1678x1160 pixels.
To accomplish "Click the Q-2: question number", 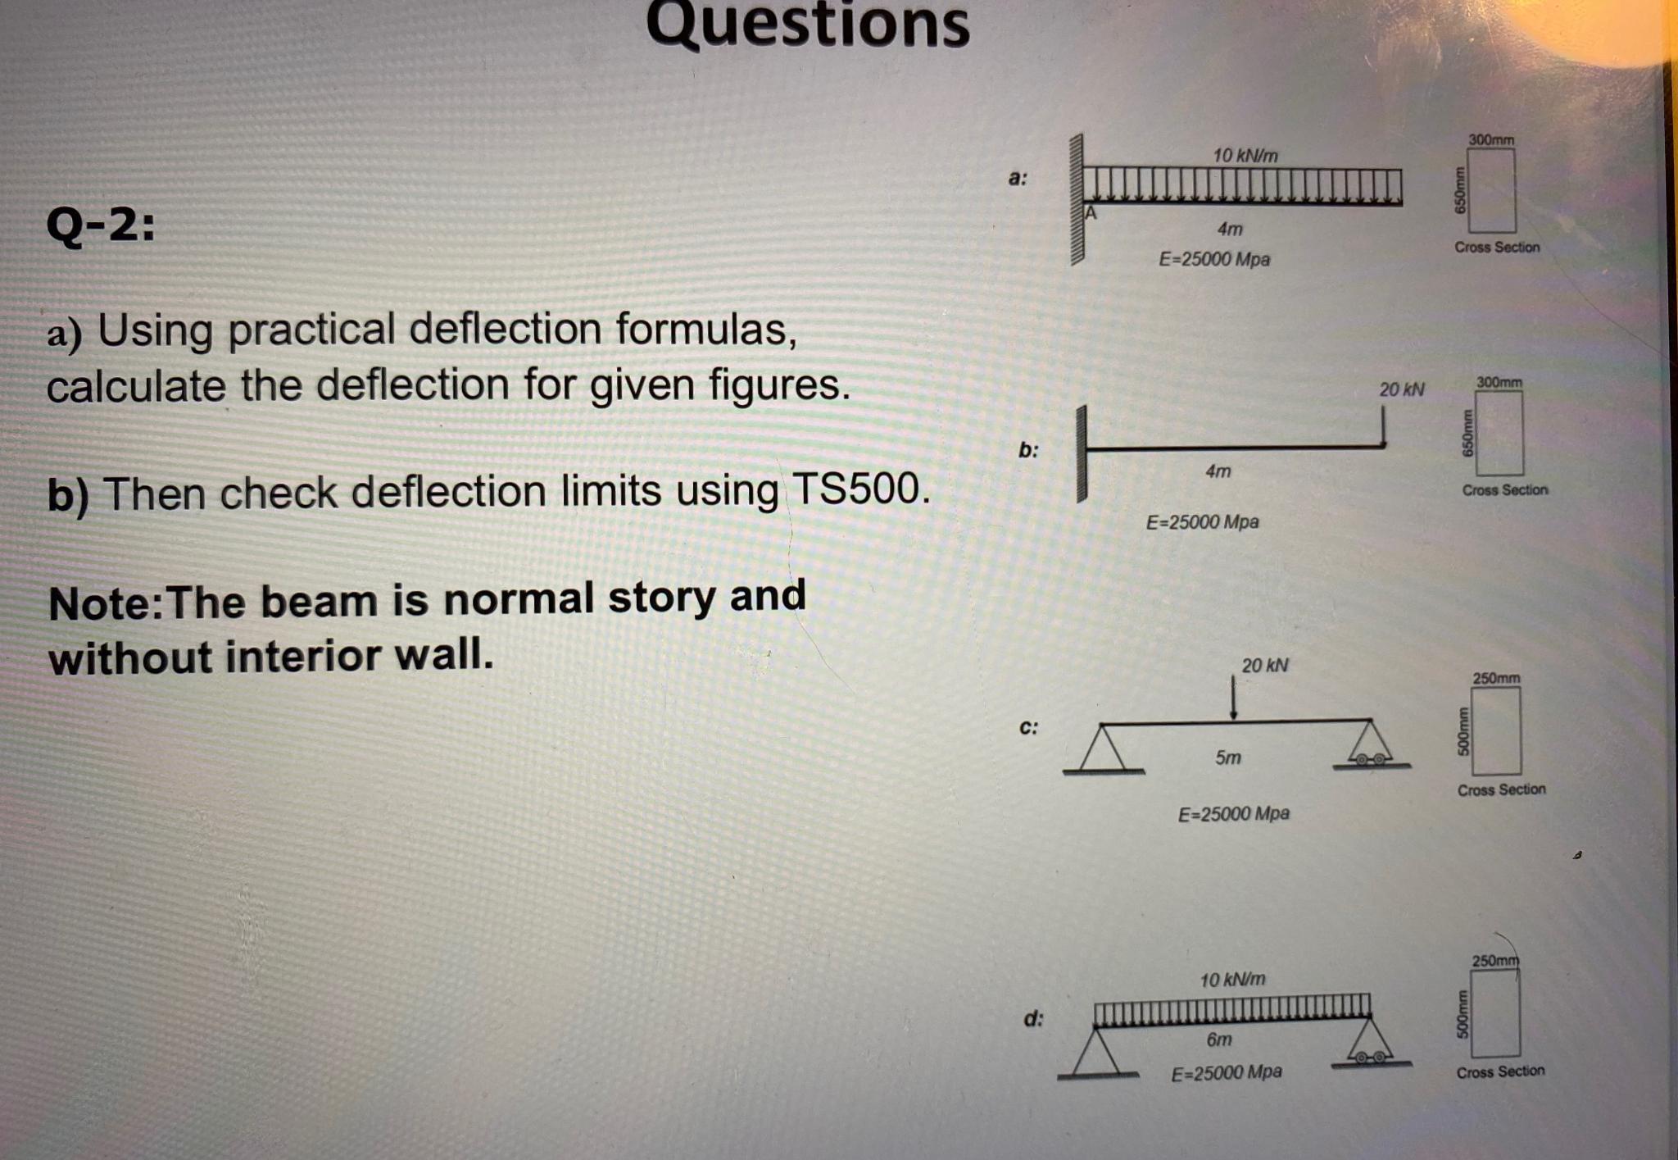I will (100, 225).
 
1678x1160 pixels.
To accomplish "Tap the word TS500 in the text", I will (859, 489).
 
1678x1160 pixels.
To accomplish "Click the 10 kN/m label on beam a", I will (1245, 155).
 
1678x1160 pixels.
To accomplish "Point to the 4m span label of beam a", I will (1229, 229).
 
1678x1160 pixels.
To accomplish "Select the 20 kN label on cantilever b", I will (1401, 389).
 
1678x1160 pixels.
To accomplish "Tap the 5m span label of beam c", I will (1227, 757).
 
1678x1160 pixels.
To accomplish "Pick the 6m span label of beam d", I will (1218, 1039).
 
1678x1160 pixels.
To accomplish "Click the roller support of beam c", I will (1371, 747).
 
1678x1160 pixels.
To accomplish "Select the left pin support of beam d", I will (1095, 1053).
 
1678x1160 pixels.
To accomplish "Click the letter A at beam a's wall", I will (1091, 213).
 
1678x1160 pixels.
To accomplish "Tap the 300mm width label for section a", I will (1491, 140).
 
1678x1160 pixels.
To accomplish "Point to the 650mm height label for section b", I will (1467, 434).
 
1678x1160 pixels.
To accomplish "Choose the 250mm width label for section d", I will (1495, 961).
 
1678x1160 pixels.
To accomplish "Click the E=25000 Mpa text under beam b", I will (1201, 522).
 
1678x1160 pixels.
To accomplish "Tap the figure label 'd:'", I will (1033, 1019).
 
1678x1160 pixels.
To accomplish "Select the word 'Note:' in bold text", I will (106, 604).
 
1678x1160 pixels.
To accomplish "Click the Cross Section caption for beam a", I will (1497, 248).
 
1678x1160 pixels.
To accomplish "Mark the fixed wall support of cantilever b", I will (1082, 453).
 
